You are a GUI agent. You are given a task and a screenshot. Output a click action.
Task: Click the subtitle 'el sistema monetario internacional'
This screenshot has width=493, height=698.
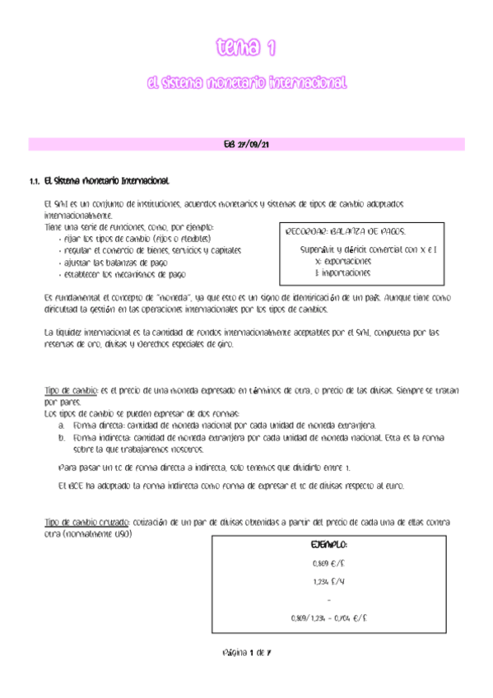(245, 83)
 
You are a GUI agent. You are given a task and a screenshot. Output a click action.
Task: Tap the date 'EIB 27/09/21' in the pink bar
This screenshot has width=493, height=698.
(247, 145)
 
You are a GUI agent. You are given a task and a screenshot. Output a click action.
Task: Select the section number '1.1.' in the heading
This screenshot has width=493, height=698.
(35, 180)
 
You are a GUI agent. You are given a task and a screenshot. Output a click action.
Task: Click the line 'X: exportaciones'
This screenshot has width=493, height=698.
(343, 260)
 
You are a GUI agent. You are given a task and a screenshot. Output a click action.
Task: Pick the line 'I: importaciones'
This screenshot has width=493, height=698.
(343, 272)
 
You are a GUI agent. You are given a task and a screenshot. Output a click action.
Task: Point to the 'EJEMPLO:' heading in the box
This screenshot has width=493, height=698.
(328, 546)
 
